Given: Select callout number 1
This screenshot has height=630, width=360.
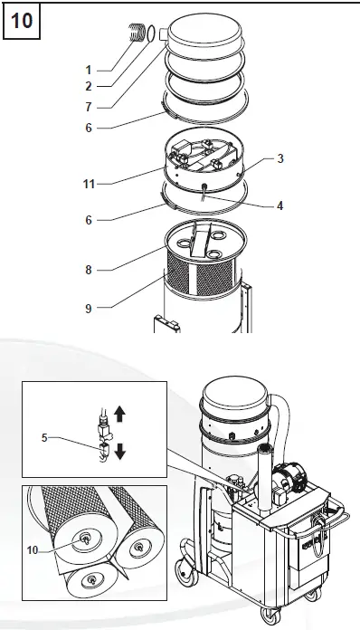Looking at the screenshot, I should pos(89,69).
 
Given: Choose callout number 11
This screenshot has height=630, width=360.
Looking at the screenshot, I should pos(89,184).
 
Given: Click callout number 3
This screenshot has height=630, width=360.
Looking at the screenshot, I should pos(280,158).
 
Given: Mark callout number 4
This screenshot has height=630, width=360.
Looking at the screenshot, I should pos(280,205).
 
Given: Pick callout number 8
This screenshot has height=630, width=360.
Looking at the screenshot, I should pos(89,269).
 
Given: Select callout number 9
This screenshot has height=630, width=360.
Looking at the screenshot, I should pos(89,309).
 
